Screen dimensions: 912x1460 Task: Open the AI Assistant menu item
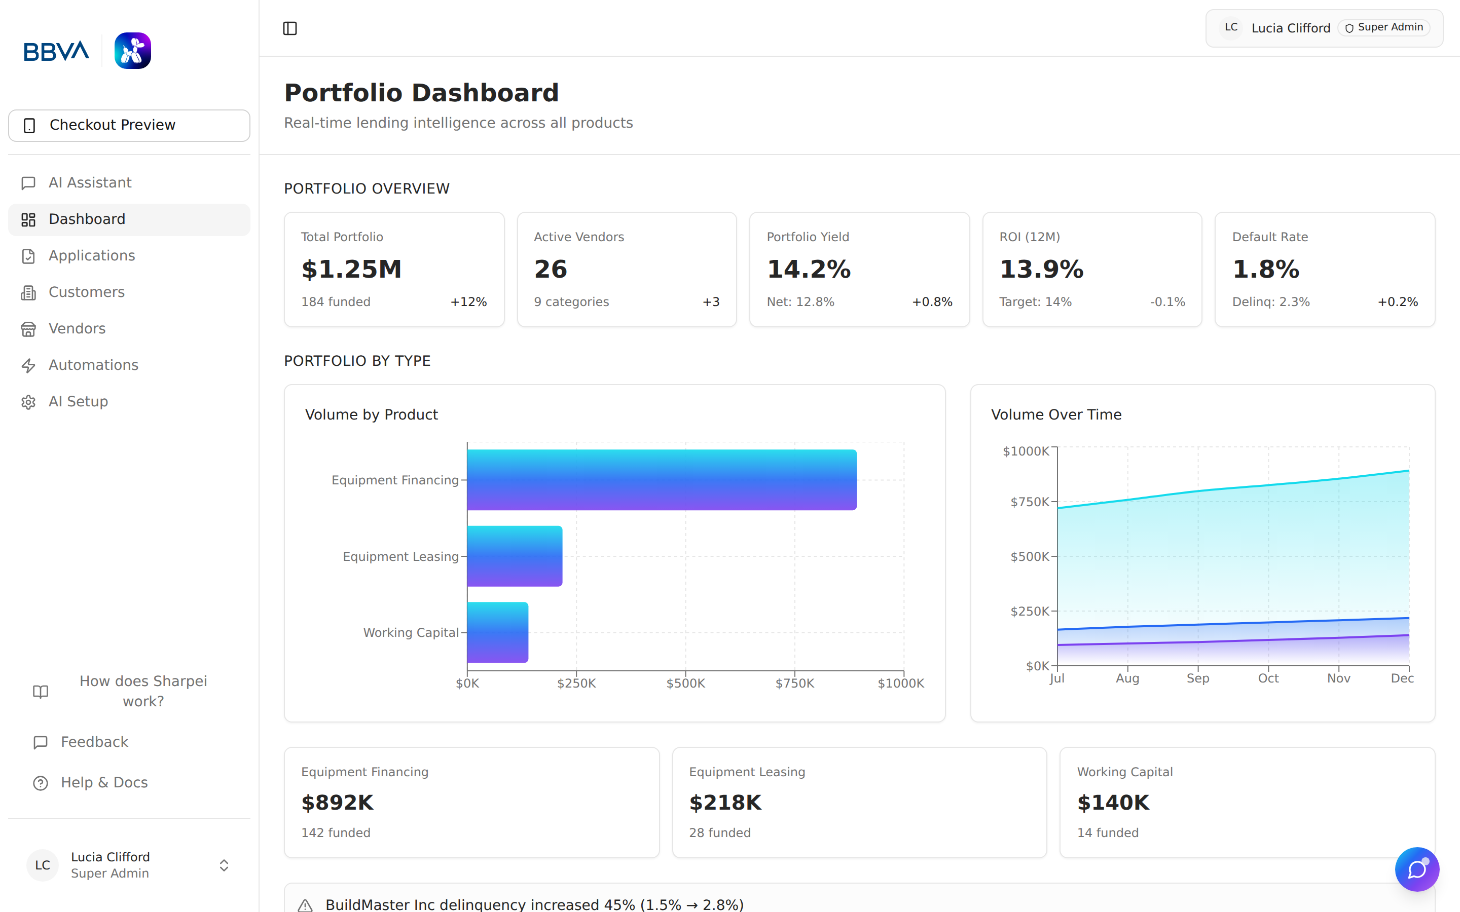[x=90, y=183]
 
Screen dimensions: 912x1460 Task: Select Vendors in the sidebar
[x=77, y=329]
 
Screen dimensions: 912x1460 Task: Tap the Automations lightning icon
[x=28, y=365]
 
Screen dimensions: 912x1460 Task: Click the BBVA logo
[x=56, y=51]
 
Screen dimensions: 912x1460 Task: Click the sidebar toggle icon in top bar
[x=289, y=28]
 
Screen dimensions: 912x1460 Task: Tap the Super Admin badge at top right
[x=1384, y=28]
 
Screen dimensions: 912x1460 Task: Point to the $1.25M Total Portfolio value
[x=351, y=269]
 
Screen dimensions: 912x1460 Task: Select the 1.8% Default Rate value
[x=1266, y=269]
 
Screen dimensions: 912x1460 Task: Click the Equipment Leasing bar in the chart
[x=515, y=556]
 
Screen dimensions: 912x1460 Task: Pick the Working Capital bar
[x=498, y=632]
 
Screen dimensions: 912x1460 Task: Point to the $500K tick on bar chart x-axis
[x=685, y=683]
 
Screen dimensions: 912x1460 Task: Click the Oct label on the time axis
[x=1268, y=678]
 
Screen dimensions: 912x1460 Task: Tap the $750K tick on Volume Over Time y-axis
[x=1029, y=502]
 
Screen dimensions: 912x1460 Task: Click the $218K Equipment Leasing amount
[x=725, y=803]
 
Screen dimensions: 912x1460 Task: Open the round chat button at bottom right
[x=1416, y=869]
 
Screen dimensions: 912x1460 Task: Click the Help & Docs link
[x=104, y=783]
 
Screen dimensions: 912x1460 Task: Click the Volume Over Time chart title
[x=1056, y=414]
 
